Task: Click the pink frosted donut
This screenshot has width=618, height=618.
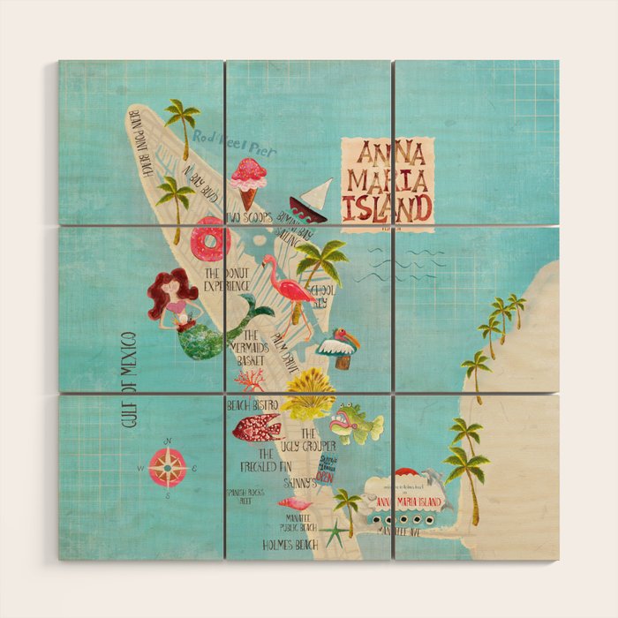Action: tap(212, 238)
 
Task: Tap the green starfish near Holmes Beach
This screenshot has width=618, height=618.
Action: tap(335, 532)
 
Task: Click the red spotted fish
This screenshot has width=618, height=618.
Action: tap(256, 427)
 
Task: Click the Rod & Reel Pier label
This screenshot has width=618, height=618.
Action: tap(235, 143)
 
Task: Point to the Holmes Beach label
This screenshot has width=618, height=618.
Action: tap(289, 545)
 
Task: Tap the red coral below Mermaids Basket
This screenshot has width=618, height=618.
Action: tap(251, 380)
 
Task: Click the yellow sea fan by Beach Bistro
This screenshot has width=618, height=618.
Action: tap(309, 394)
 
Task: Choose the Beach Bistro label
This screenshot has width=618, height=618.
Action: tap(252, 405)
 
